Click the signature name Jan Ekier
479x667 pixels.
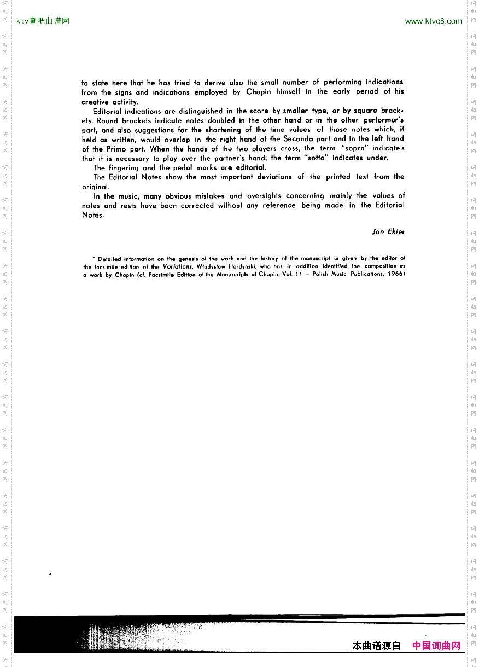click(388, 232)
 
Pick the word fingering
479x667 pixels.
click(124, 168)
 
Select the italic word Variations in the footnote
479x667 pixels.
click(178, 266)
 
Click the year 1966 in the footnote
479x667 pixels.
click(395, 274)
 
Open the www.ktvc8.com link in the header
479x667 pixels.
click(433, 21)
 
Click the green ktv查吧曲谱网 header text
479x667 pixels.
click(43, 21)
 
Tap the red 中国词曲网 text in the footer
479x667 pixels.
click(436, 646)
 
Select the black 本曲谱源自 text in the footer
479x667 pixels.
click(377, 646)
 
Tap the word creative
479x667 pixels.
click(95, 102)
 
